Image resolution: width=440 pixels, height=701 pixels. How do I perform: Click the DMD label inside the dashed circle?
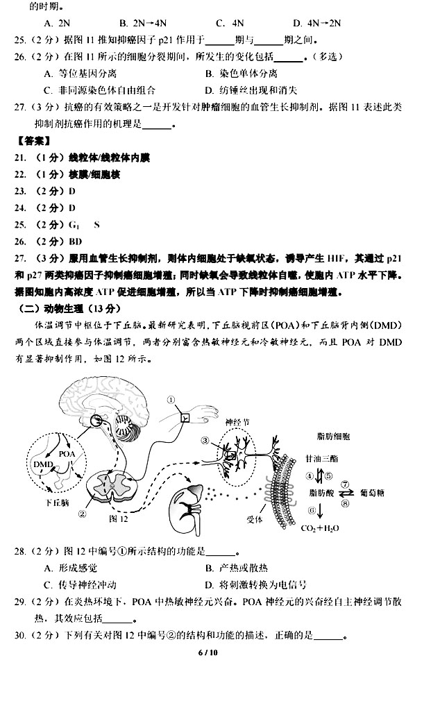[43, 462]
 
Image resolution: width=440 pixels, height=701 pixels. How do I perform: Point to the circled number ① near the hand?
[170, 399]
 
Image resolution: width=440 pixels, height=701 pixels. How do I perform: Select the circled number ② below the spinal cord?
[83, 514]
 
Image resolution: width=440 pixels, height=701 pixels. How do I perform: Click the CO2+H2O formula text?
[319, 528]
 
